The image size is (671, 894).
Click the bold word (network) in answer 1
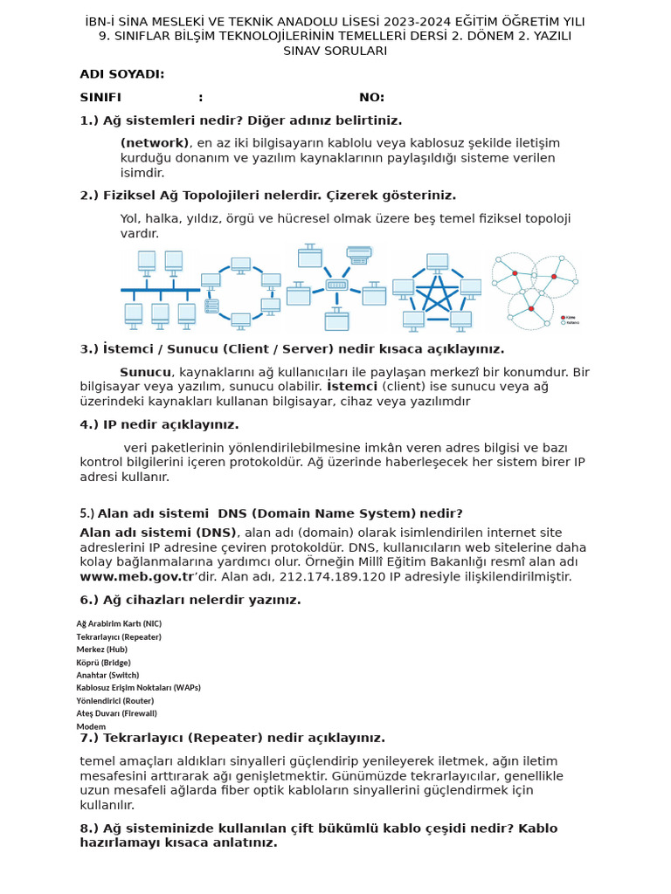point(155,143)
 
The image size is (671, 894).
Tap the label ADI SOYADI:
point(121,74)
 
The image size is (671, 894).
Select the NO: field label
point(371,97)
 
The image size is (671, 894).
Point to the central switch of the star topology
point(336,285)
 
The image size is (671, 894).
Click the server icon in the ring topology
point(211,306)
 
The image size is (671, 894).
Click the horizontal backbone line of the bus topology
point(160,289)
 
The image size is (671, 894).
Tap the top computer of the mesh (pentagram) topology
point(437,261)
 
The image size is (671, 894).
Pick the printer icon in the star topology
point(358,254)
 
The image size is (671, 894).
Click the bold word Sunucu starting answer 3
point(145,372)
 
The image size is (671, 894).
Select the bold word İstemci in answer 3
point(352,386)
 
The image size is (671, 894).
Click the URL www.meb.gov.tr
point(136,576)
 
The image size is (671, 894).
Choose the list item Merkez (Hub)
point(101,650)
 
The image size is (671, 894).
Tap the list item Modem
point(91,726)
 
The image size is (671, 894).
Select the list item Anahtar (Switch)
point(107,675)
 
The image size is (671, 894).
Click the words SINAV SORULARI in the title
point(335,51)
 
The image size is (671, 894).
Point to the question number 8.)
point(89,829)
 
